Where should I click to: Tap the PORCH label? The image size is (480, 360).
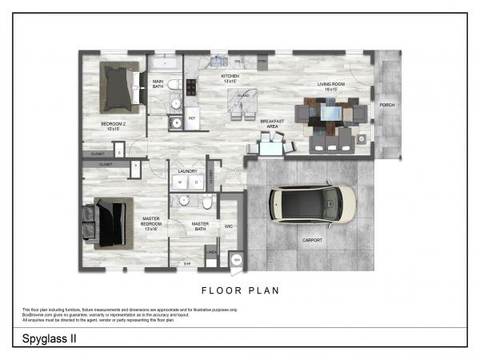[x=386, y=105]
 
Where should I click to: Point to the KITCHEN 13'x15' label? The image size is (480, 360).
[x=230, y=78]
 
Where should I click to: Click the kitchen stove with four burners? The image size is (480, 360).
[x=193, y=86]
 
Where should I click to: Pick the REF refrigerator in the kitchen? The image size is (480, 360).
[x=192, y=118]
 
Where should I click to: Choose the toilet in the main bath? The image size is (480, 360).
[x=175, y=104]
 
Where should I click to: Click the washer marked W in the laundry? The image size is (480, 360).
[x=179, y=182]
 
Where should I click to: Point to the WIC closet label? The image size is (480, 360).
[x=228, y=226]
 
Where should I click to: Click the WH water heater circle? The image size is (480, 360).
[x=237, y=259]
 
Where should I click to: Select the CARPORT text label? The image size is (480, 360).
[x=313, y=240]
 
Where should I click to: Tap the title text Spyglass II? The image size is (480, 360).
[x=46, y=338]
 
